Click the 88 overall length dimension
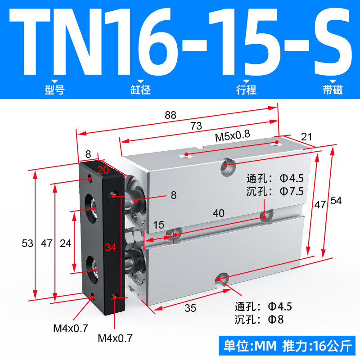171,115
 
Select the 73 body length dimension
196,126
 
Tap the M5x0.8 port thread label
232,136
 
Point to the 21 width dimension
306,137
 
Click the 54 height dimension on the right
336,201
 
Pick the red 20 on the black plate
103,170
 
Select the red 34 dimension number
111,247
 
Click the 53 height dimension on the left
27,243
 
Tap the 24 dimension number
65,243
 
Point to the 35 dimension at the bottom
190,308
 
